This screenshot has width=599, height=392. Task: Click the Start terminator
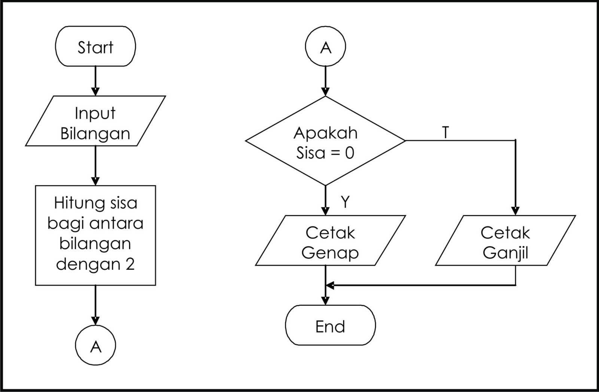(x=95, y=47)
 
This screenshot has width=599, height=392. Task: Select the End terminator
(x=330, y=326)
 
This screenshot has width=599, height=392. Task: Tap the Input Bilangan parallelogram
(x=95, y=121)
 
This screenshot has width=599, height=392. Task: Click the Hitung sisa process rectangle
(x=95, y=235)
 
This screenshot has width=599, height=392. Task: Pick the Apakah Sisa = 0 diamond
(x=325, y=141)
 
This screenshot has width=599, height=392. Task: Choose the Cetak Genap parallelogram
(x=330, y=241)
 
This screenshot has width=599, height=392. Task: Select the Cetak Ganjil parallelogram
(x=505, y=241)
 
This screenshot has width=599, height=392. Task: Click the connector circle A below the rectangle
(x=95, y=346)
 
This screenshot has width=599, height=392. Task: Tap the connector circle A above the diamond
(x=325, y=47)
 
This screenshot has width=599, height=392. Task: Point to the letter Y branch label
(x=345, y=202)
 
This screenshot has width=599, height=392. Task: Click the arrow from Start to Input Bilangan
(x=95, y=81)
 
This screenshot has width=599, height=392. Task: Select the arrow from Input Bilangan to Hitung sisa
(x=95, y=165)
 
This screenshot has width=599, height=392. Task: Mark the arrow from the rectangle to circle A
(x=95, y=304)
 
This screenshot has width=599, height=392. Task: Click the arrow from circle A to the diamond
(x=325, y=81)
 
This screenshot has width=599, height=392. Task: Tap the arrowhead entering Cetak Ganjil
(x=516, y=211)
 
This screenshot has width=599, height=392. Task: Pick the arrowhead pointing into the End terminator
(x=325, y=301)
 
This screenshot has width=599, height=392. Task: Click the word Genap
(x=330, y=253)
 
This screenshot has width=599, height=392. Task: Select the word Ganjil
(x=505, y=253)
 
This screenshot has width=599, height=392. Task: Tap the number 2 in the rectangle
(x=130, y=264)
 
